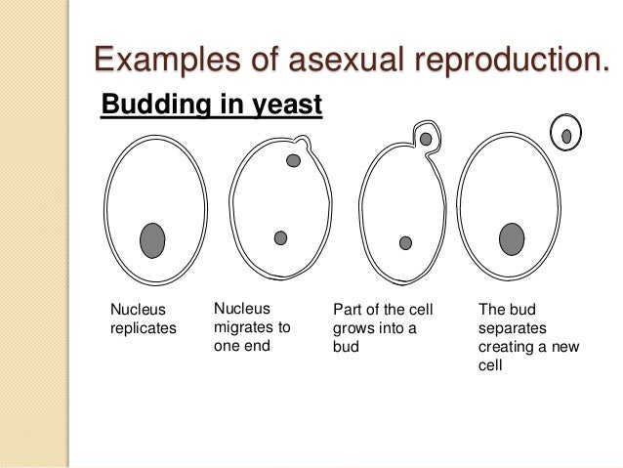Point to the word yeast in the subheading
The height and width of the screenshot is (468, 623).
(x=285, y=103)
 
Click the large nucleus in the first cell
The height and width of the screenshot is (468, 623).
(x=152, y=239)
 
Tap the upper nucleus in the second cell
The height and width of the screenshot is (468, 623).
(x=293, y=160)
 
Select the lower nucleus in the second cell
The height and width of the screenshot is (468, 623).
(x=280, y=237)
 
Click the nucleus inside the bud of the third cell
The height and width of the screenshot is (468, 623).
(x=426, y=140)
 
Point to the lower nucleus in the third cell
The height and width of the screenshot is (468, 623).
(x=405, y=242)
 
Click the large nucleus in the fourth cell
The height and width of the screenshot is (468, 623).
(x=511, y=238)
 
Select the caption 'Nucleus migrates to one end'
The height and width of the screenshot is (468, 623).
(x=251, y=327)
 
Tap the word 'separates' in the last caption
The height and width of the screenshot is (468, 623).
(x=513, y=327)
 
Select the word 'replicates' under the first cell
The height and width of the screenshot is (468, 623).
(x=143, y=328)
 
